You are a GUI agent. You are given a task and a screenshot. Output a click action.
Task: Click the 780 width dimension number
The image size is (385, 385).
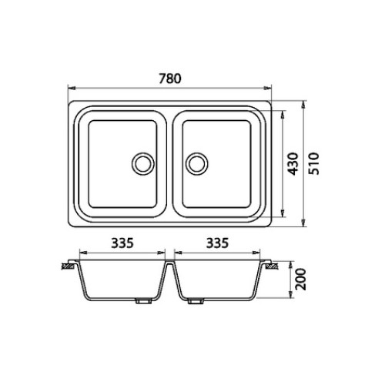(x=170, y=79)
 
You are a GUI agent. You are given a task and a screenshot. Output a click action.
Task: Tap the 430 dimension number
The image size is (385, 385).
(x=293, y=164)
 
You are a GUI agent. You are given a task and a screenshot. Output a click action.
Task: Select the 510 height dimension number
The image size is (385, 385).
(x=313, y=164)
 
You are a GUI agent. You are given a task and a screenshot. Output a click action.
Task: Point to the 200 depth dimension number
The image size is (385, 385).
(x=300, y=280)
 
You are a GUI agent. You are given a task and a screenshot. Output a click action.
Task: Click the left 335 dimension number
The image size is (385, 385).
(x=122, y=243)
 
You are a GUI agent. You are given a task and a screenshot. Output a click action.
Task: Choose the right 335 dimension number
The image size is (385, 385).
(x=217, y=243)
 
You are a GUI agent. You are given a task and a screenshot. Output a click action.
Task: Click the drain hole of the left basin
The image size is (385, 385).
(x=143, y=164)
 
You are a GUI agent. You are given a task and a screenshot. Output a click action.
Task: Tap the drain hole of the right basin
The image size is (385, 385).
(x=197, y=164)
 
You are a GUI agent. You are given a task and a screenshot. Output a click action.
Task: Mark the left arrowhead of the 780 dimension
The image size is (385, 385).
(x=71, y=89)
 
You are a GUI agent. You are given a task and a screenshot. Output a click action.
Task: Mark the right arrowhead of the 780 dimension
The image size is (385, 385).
(x=268, y=89)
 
